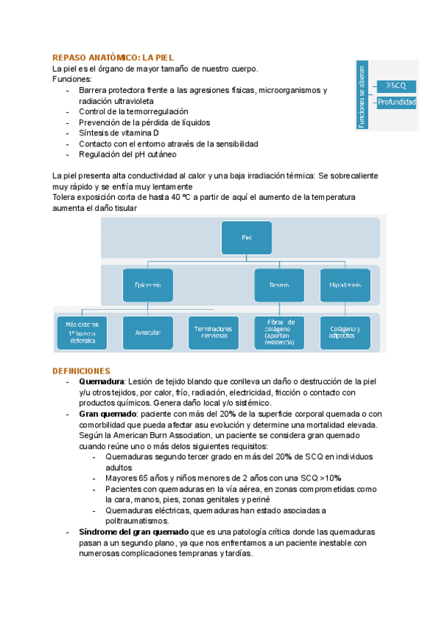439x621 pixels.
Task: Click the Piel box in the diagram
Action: [x=245, y=237]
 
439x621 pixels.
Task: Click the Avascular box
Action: [x=148, y=332]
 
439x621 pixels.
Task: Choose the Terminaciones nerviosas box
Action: [x=214, y=332]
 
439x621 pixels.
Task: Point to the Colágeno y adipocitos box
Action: [x=345, y=332]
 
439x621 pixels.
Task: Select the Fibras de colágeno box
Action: [x=280, y=332]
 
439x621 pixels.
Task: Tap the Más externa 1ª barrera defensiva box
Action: [x=82, y=332]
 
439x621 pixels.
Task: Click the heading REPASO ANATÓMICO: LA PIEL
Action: [x=113, y=58]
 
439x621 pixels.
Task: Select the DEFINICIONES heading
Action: [x=81, y=371]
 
